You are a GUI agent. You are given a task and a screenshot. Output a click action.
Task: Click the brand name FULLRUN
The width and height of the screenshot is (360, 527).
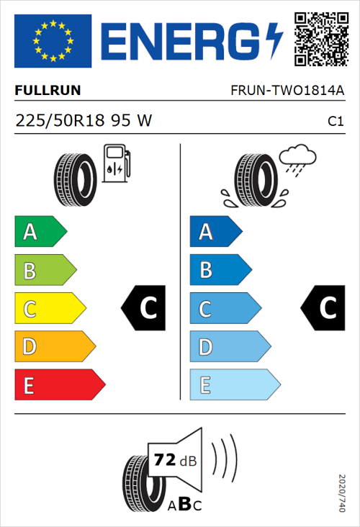[48, 91]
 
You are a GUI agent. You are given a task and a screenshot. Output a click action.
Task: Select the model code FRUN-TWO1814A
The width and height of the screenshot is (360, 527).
[287, 91]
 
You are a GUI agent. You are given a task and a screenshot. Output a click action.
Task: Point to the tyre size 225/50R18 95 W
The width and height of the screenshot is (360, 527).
[84, 120]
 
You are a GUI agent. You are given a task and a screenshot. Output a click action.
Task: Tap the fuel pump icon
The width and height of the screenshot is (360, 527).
[116, 163]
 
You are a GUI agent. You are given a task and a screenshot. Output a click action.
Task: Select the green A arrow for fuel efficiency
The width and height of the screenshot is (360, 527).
[40, 232]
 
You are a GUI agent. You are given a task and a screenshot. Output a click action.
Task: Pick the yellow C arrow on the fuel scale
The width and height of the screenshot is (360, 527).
[50, 309]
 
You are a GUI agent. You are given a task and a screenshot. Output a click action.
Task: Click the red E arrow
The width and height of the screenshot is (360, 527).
[59, 385]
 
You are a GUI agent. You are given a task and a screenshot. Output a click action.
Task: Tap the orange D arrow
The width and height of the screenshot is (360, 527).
[55, 347]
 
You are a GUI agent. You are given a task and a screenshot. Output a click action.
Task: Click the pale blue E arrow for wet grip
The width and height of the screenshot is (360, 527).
[234, 385]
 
